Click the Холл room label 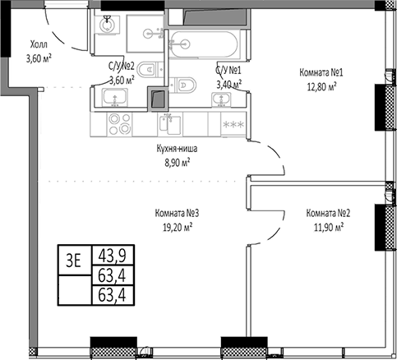coord(39,44)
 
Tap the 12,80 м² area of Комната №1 coord(321,87)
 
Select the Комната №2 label coord(328,213)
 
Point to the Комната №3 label coord(177,213)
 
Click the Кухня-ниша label coord(177,149)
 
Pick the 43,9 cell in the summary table coord(113,255)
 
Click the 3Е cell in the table coord(74,261)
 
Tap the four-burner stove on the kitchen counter coord(119,124)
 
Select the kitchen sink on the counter coord(170,124)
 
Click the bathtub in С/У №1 coord(203,44)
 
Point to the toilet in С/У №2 coord(148,70)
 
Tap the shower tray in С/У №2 coord(145,34)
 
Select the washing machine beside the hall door coord(107,25)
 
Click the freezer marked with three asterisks coord(233,124)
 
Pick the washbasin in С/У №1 coord(221,99)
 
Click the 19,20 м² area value coord(178,227)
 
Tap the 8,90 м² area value coord(178,163)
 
